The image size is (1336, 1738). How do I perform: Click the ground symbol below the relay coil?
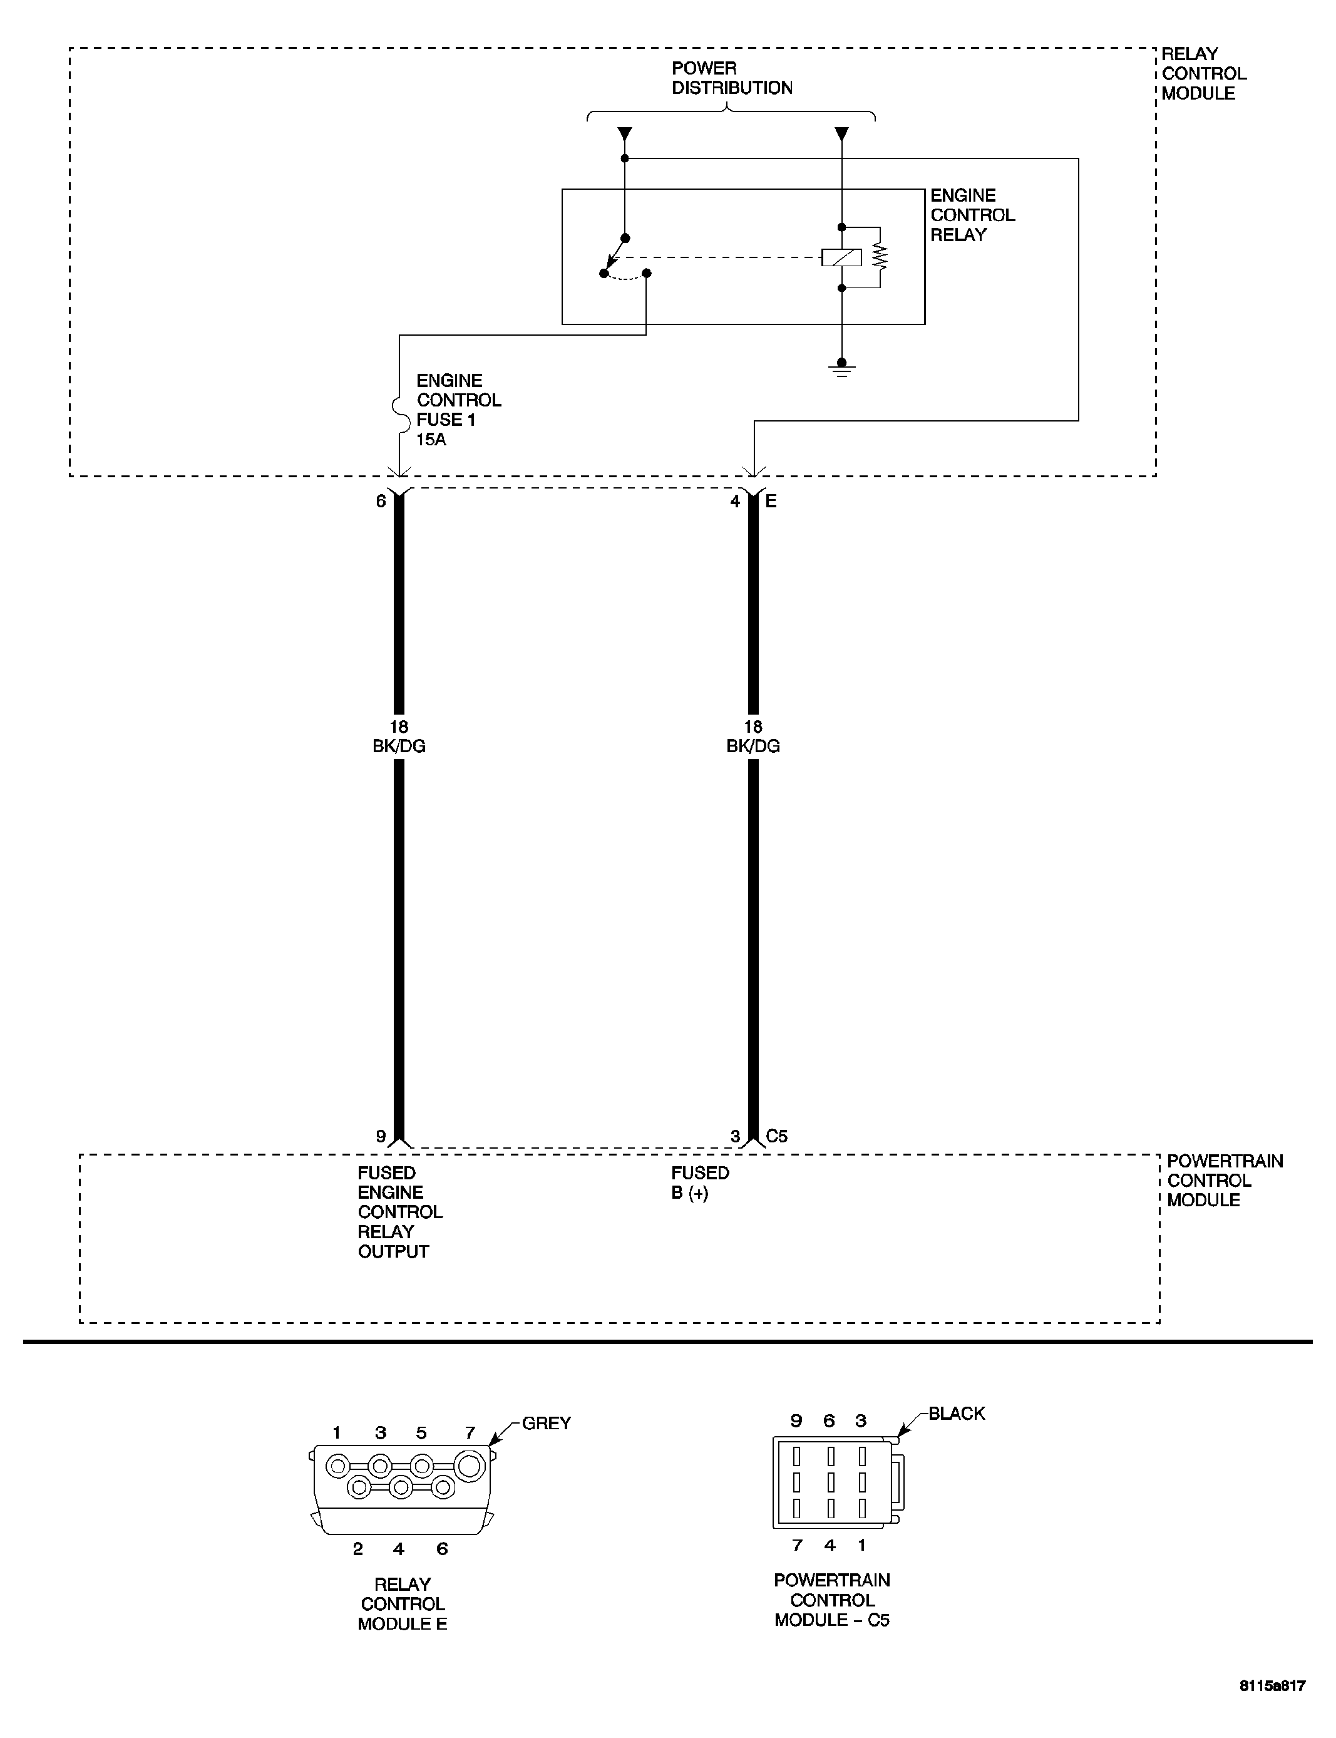841,369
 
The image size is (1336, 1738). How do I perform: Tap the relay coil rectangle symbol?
841,257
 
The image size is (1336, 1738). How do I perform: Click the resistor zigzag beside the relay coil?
880,257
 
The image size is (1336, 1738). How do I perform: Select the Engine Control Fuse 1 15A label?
458,410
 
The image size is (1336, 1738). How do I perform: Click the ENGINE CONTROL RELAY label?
972,215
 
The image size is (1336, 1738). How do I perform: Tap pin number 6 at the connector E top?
381,501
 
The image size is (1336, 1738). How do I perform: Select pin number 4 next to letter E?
735,501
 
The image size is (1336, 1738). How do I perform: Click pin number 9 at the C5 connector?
381,1137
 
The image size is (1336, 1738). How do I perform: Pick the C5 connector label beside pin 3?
776,1136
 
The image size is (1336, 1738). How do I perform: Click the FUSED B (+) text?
699,1183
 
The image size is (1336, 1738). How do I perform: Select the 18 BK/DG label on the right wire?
753,737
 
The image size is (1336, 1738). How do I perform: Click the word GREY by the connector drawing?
547,1423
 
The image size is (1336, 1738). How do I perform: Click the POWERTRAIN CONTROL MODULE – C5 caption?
832,1600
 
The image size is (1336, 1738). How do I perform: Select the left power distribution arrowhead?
625,133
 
